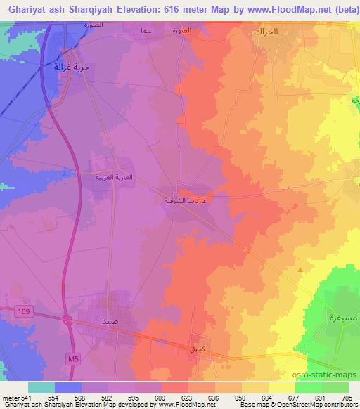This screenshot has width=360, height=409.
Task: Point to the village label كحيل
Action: click(195, 349)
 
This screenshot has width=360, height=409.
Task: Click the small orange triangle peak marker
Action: click(300, 268)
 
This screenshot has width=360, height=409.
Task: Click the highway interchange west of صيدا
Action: click(69, 320)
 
